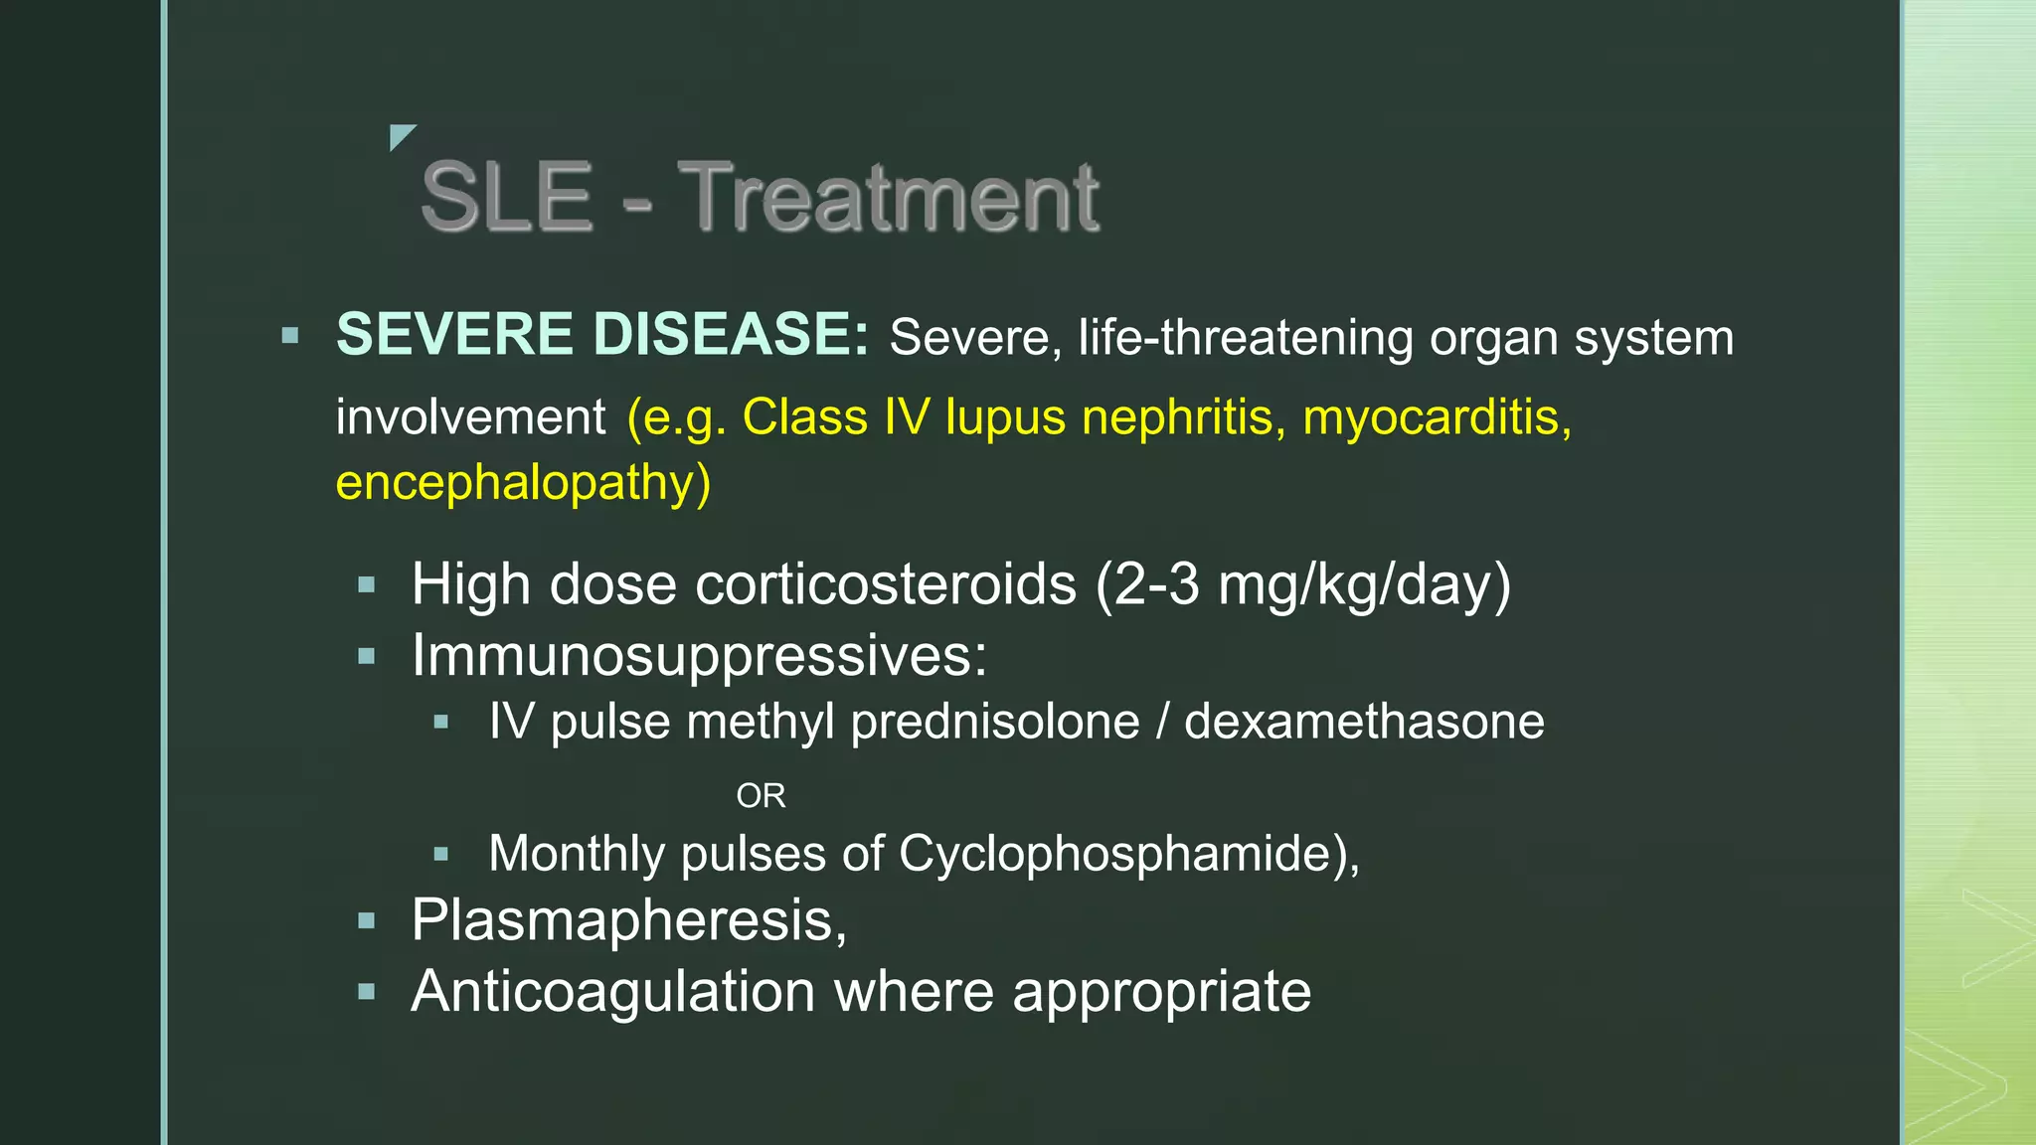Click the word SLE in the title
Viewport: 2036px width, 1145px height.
pos(507,197)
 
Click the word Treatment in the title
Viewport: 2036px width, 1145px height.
pos(889,197)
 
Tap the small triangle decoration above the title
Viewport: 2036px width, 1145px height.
pos(400,136)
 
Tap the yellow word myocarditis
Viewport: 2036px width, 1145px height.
pos(1437,416)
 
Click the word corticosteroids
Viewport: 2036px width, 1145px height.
pos(886,583)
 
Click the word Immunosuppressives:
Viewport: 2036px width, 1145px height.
pos(700,656)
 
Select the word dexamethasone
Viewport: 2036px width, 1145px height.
pos(1364,722)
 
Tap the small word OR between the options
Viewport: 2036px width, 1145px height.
pos(761,796)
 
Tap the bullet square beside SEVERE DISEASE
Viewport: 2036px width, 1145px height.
pos(290,336)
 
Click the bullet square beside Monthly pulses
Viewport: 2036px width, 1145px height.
pos(442,854)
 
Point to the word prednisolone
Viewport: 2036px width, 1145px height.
pos(995,722)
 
